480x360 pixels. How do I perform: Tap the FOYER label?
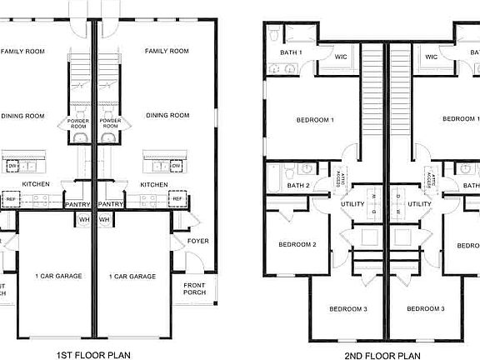point(197,242)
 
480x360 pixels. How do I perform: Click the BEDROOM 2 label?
point(297,244)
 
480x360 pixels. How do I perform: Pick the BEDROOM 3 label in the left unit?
point(347,309)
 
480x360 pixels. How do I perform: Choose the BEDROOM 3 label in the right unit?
point(426,309)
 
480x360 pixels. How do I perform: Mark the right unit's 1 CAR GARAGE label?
point(132,276)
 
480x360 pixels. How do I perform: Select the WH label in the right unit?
point(106,219)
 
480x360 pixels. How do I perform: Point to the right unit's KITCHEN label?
point(155,184)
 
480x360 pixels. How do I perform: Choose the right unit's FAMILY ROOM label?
point(167,52)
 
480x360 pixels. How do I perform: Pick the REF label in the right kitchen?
point(177,198)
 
